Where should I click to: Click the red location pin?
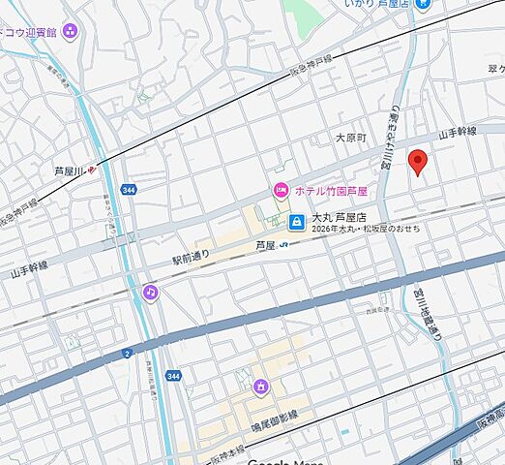click(x=418, y=162)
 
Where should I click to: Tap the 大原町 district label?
click(x=351, y=139)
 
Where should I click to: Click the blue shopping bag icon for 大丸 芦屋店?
click(x=296, y=222)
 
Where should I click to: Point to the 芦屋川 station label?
click(x=71, y=170)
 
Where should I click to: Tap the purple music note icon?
click(x=150, y=291)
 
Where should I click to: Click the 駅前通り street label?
click(x=191, y=259)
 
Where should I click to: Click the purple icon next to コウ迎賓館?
click(x=69, y=29)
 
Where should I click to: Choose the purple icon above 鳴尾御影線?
click(x=260, y=387)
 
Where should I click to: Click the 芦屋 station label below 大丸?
click(x=266, y=246)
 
